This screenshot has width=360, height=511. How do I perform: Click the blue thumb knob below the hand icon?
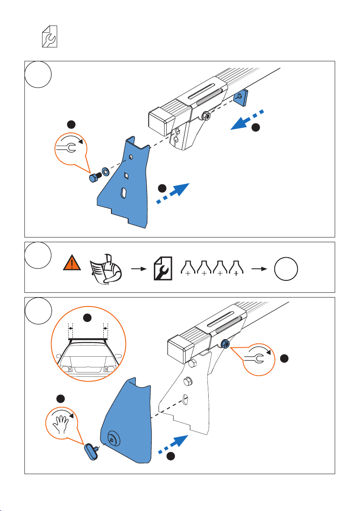[90, 451]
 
